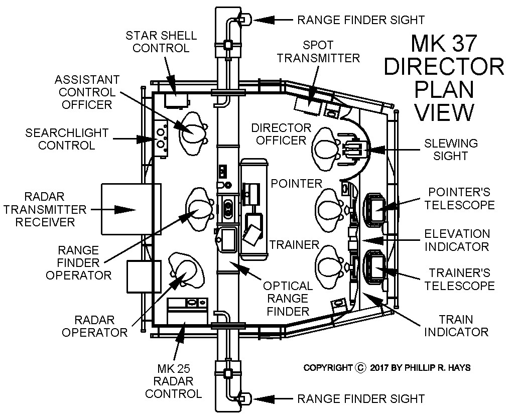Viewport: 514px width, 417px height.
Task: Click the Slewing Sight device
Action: tap(355, 149)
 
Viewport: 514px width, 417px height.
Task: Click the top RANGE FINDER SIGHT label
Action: tap(361, 20)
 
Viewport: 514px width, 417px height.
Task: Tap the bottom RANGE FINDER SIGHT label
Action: tap(361, 399)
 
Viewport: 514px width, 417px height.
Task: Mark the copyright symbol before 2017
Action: tap(360, 368)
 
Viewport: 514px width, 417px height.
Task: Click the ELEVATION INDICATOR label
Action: tap(457, 240)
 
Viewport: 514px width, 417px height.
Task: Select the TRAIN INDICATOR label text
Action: tap(462, 326)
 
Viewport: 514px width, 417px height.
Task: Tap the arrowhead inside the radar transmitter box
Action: tap(123, 209)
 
